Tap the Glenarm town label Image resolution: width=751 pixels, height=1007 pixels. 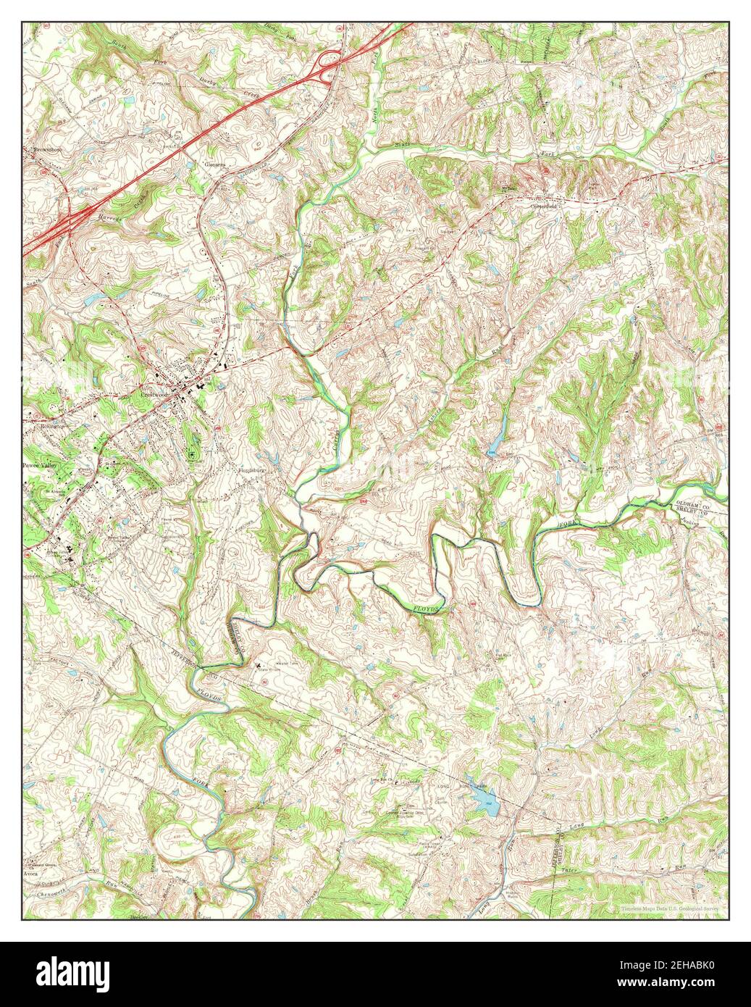(215, 164)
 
